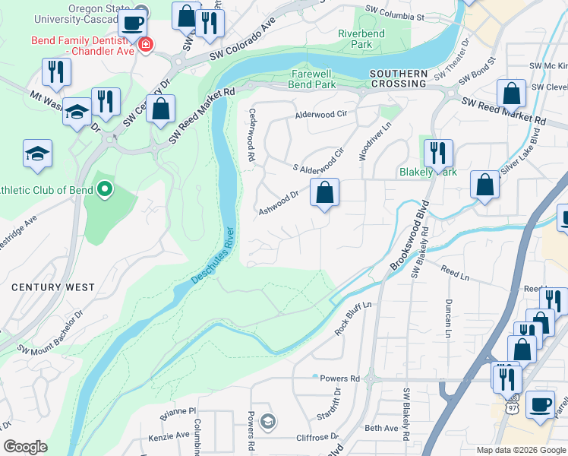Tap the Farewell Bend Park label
[x=314, y=79]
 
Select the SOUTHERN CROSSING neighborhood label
[x=398, y=74]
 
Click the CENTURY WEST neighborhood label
[x=53, y=287]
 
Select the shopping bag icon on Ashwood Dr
[x=324, y=194]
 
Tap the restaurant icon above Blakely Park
[x=437, y=153]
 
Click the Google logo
[x=26, y=446]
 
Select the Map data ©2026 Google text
[x=520, y=450]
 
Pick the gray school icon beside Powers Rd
[x=267, y=420]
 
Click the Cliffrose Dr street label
[x=317, y=437]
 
